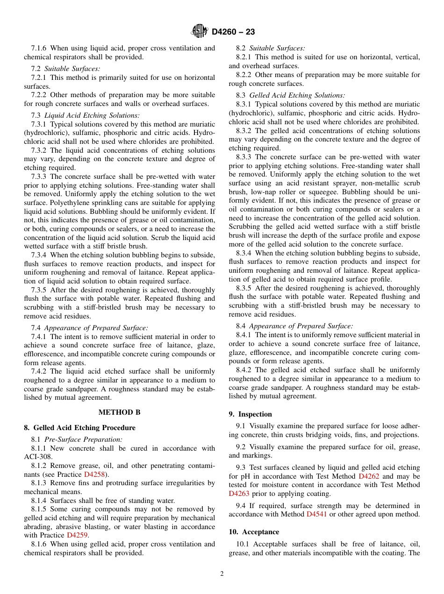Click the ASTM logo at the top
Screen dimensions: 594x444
(200, 32)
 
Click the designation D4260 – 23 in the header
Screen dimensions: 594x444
(233, 32)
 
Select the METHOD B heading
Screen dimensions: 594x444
(119, 412)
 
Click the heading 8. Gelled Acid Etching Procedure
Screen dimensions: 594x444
(79, 428)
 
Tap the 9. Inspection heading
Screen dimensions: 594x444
(250, 414)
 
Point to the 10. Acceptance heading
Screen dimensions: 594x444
(254, 532)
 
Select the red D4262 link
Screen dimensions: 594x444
(368, 476)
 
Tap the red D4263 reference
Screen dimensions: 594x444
(239, 494)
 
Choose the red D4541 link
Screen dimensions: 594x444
(316, 514)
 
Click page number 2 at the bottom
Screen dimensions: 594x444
(222, 574)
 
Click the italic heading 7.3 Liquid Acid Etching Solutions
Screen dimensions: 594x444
(85, 115)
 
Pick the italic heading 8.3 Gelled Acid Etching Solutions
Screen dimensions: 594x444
(290, 95)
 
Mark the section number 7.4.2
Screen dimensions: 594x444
(39, 372)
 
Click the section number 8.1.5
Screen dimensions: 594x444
(39, 509)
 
